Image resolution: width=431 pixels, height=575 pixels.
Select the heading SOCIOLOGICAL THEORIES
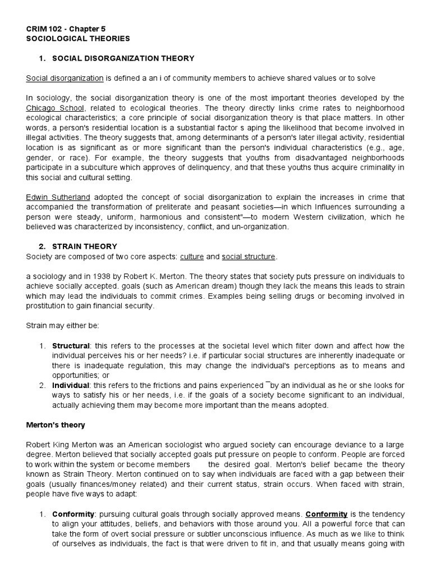click(x=78, y=39)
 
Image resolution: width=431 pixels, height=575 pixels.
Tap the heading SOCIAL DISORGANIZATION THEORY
click(x=123, y=58)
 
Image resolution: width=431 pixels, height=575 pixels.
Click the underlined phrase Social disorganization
click(x=65, y=78)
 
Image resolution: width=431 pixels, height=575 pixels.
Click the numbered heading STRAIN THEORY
click(x=84, y=247)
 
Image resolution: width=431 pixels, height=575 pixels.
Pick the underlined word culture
click(x=191, y=257)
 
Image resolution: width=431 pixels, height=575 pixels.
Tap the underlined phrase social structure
click(x=249, y=257)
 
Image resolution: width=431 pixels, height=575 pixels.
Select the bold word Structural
click(x=71, y=346)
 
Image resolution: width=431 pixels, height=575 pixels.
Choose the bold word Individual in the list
click(x=71, y=385)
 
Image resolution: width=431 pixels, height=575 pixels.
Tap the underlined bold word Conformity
click(x=326, y=514)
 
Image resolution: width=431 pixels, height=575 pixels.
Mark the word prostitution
click(x=47, y=306)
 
